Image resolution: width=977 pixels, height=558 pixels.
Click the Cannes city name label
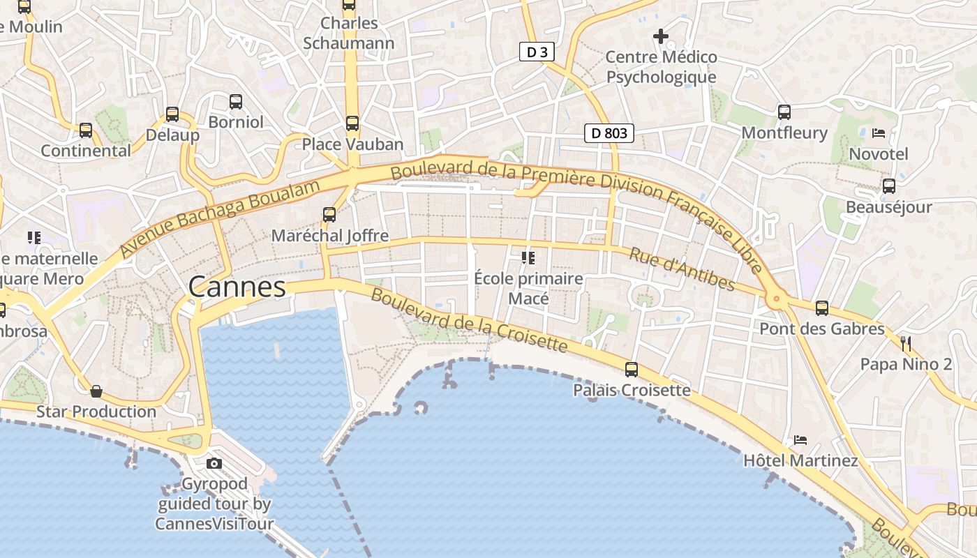click(x=237, y=287)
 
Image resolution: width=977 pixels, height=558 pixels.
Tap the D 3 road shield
click(x=537, y=52)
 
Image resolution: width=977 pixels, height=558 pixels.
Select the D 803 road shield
click(x=609, y=133)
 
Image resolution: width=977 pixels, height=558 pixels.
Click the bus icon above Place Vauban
click(x=352, y=123)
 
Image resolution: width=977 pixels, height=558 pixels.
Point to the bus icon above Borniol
click(x=236, y=102)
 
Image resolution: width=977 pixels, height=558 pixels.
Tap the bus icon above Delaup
click(x=172, y=114)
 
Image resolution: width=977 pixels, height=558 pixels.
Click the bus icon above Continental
click(x=86, y=130)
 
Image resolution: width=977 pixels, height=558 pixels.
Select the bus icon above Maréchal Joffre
click(x=329, y=215)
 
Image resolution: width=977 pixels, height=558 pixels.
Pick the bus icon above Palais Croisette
click(x=632, y=370)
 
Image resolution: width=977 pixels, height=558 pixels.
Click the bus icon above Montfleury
click(x=784, y=112)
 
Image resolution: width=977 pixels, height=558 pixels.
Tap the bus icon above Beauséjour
click(x=888, y=186)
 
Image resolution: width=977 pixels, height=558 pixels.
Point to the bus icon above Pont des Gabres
click(x=822, y=308)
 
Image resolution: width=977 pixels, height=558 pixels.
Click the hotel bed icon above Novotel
click(x=879, y=133)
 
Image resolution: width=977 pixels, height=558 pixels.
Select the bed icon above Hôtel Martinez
click(x=800, y=440)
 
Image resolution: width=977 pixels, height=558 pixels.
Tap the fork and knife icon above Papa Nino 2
click(x=906, y=343)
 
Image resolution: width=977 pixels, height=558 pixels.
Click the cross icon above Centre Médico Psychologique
click(x=660, y=36)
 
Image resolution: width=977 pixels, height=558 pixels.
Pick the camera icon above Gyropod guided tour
click(x=214, y=463)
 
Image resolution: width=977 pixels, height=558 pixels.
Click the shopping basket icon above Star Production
click(x=96, y=391)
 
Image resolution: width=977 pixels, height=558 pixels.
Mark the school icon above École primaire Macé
click(x=528, y=258)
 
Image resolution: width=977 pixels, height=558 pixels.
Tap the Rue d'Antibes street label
click(x=682, y=269)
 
